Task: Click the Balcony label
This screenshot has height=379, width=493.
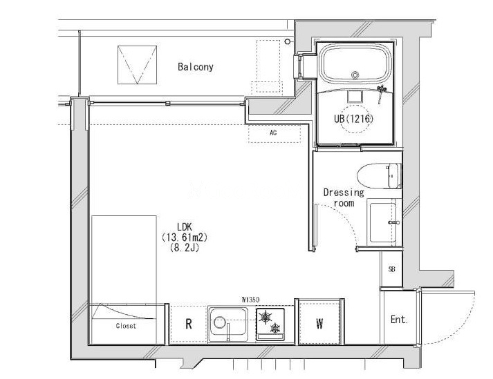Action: click(x=195, y=66)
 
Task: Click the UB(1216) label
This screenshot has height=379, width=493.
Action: click(x=354, y=119)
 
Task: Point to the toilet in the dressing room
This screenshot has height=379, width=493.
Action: click(x=379, y=176)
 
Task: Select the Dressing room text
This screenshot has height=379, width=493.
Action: click(x=344, y=197)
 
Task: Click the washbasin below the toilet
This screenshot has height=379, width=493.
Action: click(x=384, y=222)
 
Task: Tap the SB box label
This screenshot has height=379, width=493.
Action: click(x=391, y=269)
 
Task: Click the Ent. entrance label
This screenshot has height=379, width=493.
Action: click(x=399, y=320)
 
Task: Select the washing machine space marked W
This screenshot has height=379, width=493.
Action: click(x=319, y=322)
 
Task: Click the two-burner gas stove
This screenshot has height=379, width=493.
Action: click(x=270, y=324)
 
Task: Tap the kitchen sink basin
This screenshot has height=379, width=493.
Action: click(x=229, y=322)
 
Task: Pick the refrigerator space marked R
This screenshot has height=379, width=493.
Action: click(x=189, y=324)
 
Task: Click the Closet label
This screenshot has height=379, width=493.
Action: click(x=126, y=326)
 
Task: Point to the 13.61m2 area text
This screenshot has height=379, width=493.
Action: click(x=185, y=237)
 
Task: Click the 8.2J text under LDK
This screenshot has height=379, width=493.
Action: click(x=185, y=248)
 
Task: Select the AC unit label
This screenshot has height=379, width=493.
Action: click(x=273, y=133)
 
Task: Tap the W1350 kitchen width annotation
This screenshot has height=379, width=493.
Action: click(x=250, y=300)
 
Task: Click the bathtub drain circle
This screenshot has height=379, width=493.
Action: click(x=355, y=75)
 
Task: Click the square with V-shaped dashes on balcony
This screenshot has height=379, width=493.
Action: click(x=137, y=65)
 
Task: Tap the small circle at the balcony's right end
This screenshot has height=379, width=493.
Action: click(x=288, y=41)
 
